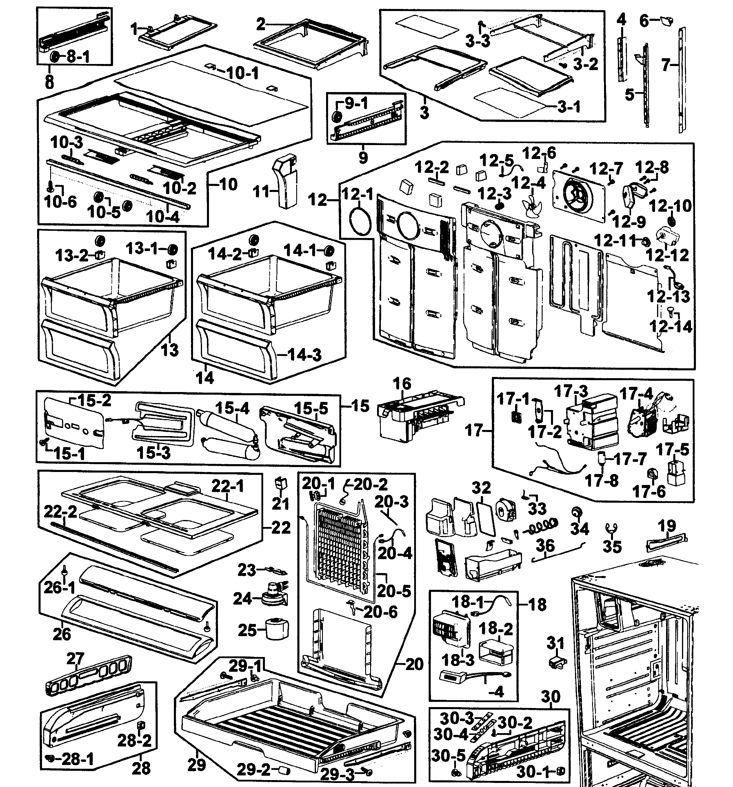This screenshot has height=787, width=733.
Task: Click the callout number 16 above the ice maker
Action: [x=402, y=384]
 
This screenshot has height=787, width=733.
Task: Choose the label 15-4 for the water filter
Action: [x=232, y=408]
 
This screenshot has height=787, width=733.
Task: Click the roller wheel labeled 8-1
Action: [x=54, y=57]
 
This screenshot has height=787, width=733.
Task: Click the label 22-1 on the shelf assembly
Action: [x=228, y=486]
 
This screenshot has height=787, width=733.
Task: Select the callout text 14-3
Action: [x=304, y=355]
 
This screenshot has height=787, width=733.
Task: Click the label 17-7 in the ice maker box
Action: [x=630, y=459]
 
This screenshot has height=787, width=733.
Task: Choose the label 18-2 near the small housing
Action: [x=496, y=629]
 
